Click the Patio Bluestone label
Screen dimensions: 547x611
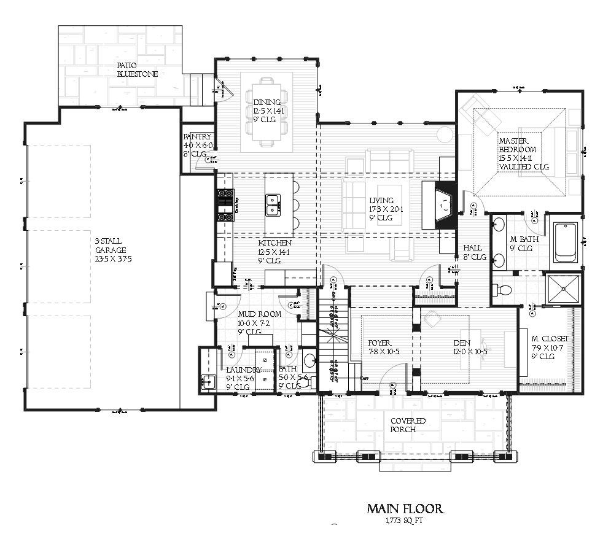click(138, 69)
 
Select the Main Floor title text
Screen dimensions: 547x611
click(405, 508)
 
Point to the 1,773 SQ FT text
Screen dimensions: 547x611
click(405, 521)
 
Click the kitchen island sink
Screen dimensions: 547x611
click(273, 205)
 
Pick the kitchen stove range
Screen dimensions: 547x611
click(225, 204)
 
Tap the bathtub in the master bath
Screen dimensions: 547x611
click(565, 242)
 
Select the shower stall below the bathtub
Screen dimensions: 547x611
click(564, 289)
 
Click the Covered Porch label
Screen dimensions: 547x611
click(408, 425)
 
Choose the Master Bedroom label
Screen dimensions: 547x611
click(518, 153)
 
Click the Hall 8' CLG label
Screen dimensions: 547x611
click(474, 252)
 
